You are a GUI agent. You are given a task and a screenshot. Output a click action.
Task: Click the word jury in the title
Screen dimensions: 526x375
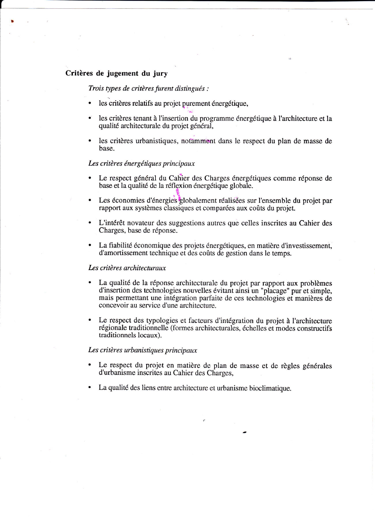click(x=160, y=73)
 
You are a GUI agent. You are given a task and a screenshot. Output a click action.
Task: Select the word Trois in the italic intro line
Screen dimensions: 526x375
click(x=96, y=88)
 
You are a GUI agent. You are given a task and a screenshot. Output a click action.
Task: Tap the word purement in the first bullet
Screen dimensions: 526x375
click(x=196, y=103)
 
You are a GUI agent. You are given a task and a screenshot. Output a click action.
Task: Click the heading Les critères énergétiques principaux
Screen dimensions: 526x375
click(x=141, y=163)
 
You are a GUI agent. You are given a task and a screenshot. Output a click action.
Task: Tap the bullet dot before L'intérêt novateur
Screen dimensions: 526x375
click(x=90, y=223)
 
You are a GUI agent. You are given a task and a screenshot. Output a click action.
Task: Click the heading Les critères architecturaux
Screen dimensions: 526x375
click(x=127, y=268)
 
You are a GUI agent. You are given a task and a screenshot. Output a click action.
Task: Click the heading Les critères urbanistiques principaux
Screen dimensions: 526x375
click(x=142, y=350)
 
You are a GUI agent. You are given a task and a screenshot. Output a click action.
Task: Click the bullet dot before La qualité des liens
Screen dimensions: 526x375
click(x=90, y=388)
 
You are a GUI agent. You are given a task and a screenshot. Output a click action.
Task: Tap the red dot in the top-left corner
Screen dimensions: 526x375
click(x=12, y=21)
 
